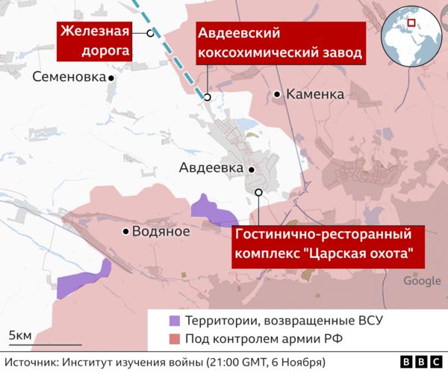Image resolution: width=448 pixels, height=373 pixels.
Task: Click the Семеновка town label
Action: pyautogui.click(x=68, y=77)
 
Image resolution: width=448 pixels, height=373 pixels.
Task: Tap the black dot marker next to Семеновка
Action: pyautogui.click(x=111, y=78)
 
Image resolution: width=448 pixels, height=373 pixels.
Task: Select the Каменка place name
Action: pyautogui.click(x=314, y=94)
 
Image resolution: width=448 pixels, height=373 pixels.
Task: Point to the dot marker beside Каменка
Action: pyautogui.click(x=277, y=94)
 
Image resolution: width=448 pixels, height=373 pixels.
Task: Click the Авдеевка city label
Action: pyautogui.click(x=211, y=168)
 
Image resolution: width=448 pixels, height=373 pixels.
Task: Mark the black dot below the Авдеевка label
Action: pyautogui.click(x=252, y=170)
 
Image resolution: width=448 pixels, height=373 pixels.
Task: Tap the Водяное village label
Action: pyautogui.click(x=160, y=231)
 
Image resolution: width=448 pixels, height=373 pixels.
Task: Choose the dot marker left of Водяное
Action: pyautogui.click(x=125, y=232)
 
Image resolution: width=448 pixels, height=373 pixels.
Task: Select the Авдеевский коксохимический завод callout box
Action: pyautogui.click(x=280, y=43)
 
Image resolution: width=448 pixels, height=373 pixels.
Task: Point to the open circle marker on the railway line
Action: pyautogui.click(x=150, y=33)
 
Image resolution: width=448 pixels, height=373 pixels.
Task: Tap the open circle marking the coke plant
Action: pyautogui.click(x=207, y=96)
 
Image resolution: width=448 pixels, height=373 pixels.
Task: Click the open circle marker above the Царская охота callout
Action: pyautogui.click(x=258, y=192)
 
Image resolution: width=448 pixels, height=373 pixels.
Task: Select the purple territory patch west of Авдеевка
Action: pyautogui.click(x=210, y=211)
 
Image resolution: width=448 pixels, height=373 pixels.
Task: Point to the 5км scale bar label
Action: pyautogui.click(x=20, y=335)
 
